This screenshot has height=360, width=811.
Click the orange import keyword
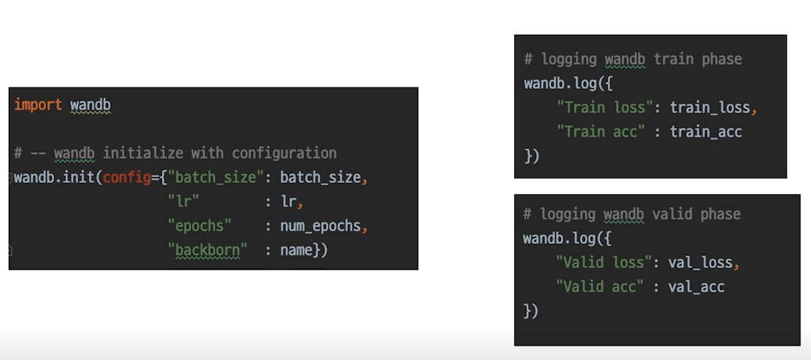[38, 105]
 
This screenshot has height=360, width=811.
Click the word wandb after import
[90, 105]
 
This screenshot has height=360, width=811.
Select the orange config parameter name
[127, 178]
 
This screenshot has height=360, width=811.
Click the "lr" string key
[183, 202]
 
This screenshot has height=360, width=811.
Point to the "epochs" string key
[199, 226]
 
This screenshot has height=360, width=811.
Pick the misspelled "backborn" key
[207, 250]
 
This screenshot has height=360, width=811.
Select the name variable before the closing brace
[296, 250]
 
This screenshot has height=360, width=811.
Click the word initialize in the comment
[142, 153]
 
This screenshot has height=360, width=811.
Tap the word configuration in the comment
[284, 153]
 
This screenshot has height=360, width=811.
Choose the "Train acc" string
[600, 131]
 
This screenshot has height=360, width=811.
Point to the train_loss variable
[709, 107]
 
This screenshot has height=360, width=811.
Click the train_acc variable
[706, 131]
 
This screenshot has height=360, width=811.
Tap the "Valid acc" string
[599, 286]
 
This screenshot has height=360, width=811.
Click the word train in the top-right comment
[674, 59]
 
